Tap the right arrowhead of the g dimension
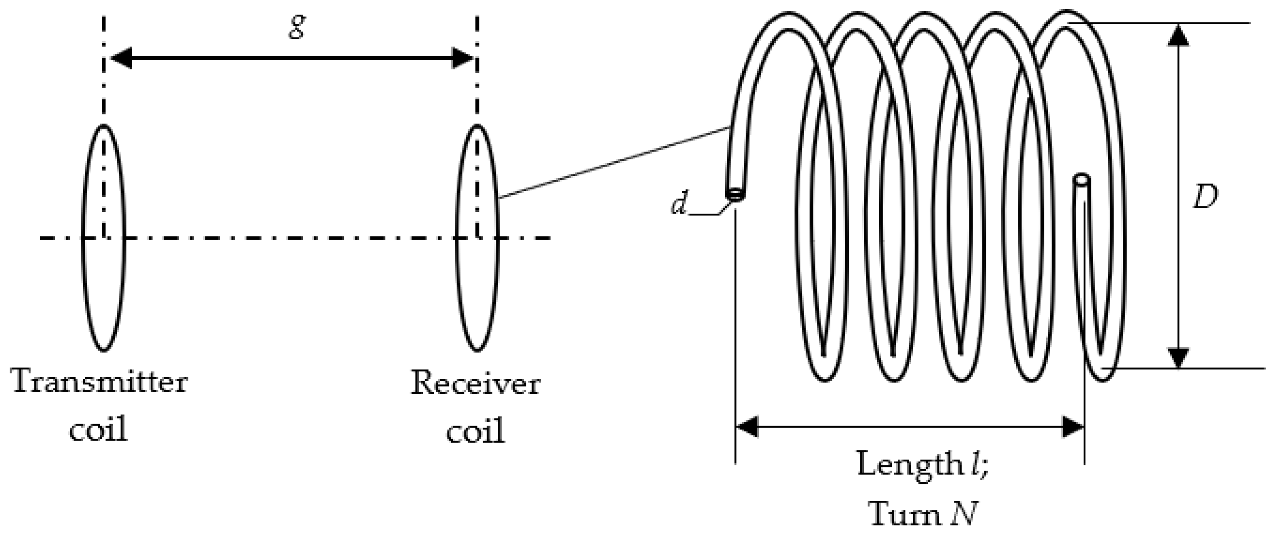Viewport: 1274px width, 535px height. [463, 58]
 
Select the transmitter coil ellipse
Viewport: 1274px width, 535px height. [83, 238]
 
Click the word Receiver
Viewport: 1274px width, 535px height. [475, 384]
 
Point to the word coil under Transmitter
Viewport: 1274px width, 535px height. [98, 429]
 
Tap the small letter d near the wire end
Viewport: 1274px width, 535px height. [679, 204]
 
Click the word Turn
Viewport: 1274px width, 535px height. [905, 514]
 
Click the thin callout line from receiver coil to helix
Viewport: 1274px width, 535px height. [613, 163]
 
